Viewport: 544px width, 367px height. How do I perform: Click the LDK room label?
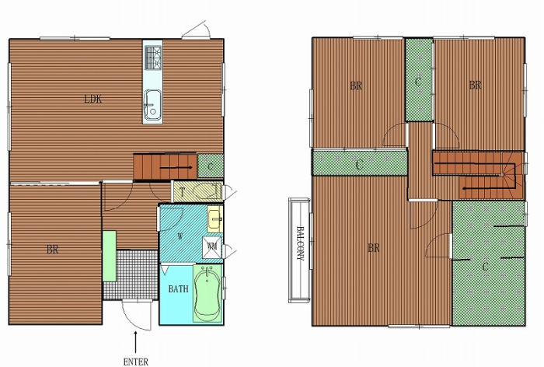tap(93, 100)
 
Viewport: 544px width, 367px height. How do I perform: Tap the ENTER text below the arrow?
tap(136, 362)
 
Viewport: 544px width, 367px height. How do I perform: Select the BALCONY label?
tap(300, 243)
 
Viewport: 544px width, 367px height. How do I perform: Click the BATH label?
tap(178, 289)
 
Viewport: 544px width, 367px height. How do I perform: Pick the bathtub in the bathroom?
tap(207, 293)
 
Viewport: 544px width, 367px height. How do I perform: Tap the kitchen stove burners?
tap(153, 58)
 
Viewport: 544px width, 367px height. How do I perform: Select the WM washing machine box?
tap(212, 246)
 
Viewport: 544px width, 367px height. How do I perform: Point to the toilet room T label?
tap(182, 191)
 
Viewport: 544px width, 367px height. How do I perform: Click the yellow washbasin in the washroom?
tap(214, 219)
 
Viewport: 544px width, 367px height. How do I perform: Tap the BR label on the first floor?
tap(53, 250)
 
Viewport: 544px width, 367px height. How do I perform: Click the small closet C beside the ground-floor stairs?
tap(211, 166)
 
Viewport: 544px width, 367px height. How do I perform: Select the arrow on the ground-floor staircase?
tap(176, 168)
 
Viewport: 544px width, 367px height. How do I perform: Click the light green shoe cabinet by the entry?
tap(110, 257)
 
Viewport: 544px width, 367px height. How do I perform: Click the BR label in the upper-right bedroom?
tap(475, 85)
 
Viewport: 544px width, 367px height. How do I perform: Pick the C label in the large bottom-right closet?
tap(486, 267)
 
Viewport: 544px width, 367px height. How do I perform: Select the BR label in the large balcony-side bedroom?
tap(373, 248)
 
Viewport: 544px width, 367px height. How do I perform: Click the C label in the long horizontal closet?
tap(359, 165)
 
